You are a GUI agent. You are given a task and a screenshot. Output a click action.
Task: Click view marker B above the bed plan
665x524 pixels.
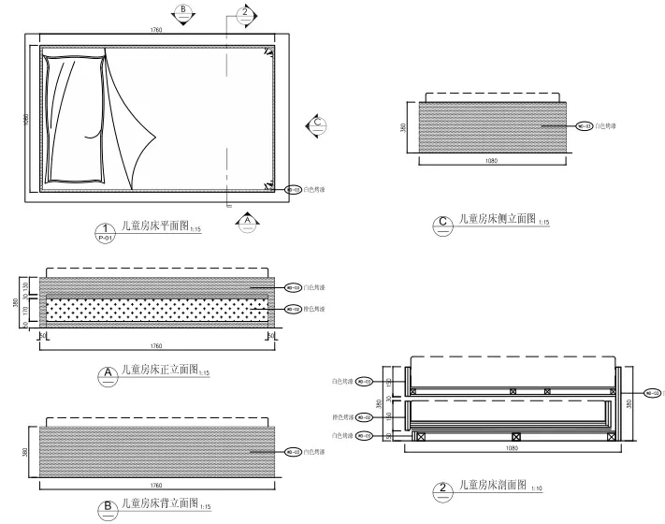pyautogui.click(x=183, y=12)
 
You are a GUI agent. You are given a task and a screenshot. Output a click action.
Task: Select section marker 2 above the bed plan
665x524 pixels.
pyautogui.click(x=244, y=12)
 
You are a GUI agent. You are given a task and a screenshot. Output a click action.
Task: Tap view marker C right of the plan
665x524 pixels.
pyautogui.click(x=317, y=123)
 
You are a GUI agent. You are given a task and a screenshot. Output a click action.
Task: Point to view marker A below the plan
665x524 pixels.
pyautogui.click(x=247, y=222)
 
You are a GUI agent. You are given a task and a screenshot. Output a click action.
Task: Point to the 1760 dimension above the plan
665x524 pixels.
pyautogui.click(x=156, y=32)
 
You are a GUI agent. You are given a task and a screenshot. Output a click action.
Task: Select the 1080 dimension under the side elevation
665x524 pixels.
pyautogui.click(x=492, y=163)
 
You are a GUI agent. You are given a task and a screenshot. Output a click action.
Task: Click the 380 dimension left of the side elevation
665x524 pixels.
pyautogui.click(x=403, y=126)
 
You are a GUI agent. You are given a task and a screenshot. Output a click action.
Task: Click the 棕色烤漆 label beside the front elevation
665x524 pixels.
pyautogui.click(x=315, y=307)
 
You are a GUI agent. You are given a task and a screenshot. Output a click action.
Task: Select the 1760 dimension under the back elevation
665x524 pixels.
pyautogui.click(x=156, y=486)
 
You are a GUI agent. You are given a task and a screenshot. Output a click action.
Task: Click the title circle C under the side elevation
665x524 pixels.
pyautogui.click(x=444, y=223)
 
